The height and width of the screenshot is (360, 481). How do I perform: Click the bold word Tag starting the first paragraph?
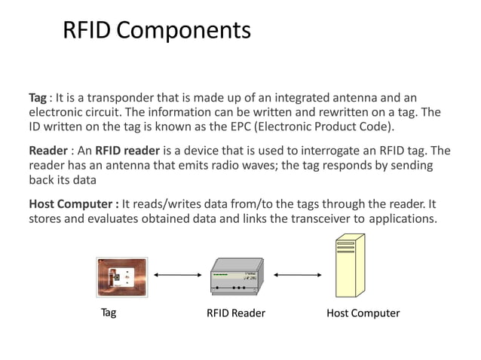(x=38, y=99)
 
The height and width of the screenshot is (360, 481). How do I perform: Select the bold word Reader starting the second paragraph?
(x=47, y=151)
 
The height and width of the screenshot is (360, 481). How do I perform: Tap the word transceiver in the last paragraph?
(x=315, y=219)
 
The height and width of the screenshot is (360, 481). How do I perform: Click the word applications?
(x=402, y=219)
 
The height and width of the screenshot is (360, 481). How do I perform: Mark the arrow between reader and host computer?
(x=296, y=276)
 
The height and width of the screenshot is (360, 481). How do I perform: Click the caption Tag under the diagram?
(x=109, y=313)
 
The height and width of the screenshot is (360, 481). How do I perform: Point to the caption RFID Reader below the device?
(x=236, y=313)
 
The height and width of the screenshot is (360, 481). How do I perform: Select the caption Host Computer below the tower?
(x=363, y=313)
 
